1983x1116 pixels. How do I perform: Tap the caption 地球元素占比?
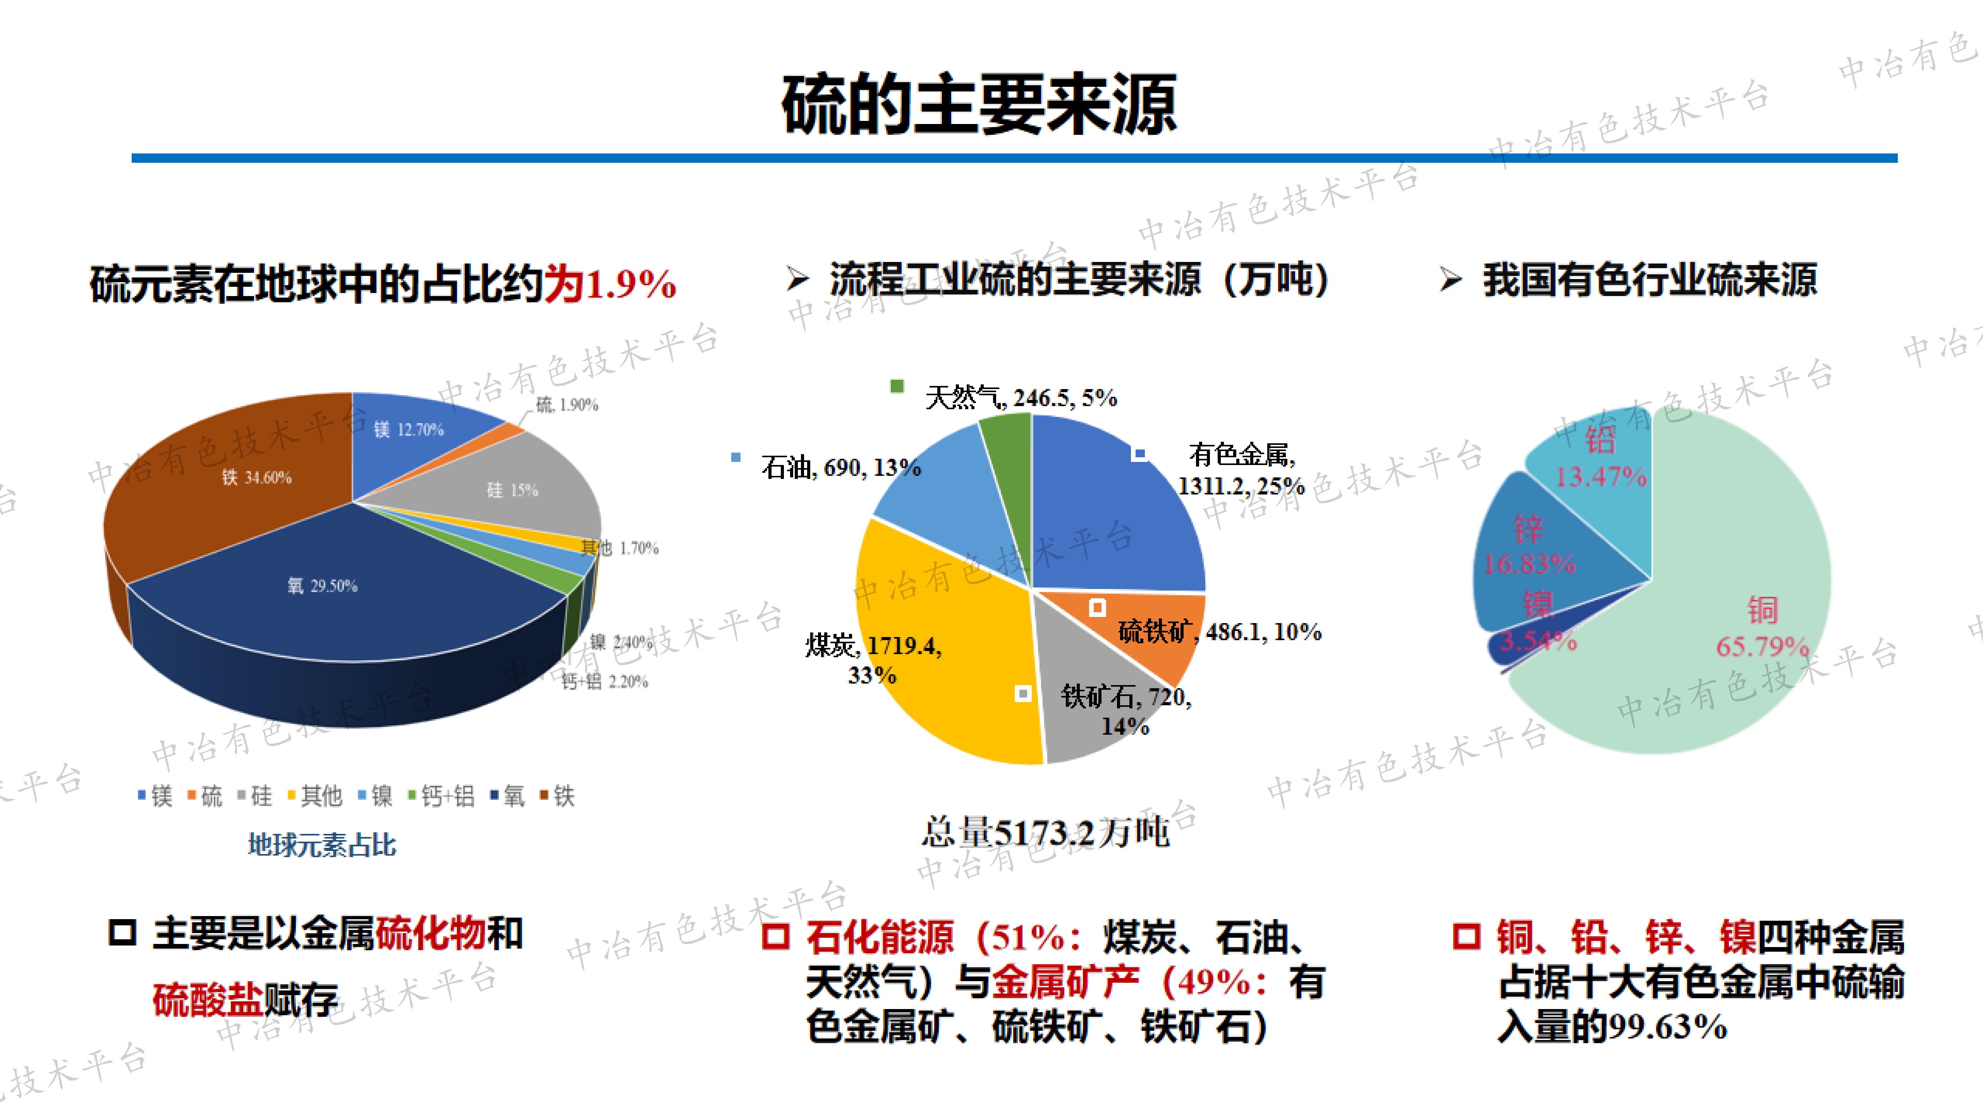[x=322, y=845]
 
